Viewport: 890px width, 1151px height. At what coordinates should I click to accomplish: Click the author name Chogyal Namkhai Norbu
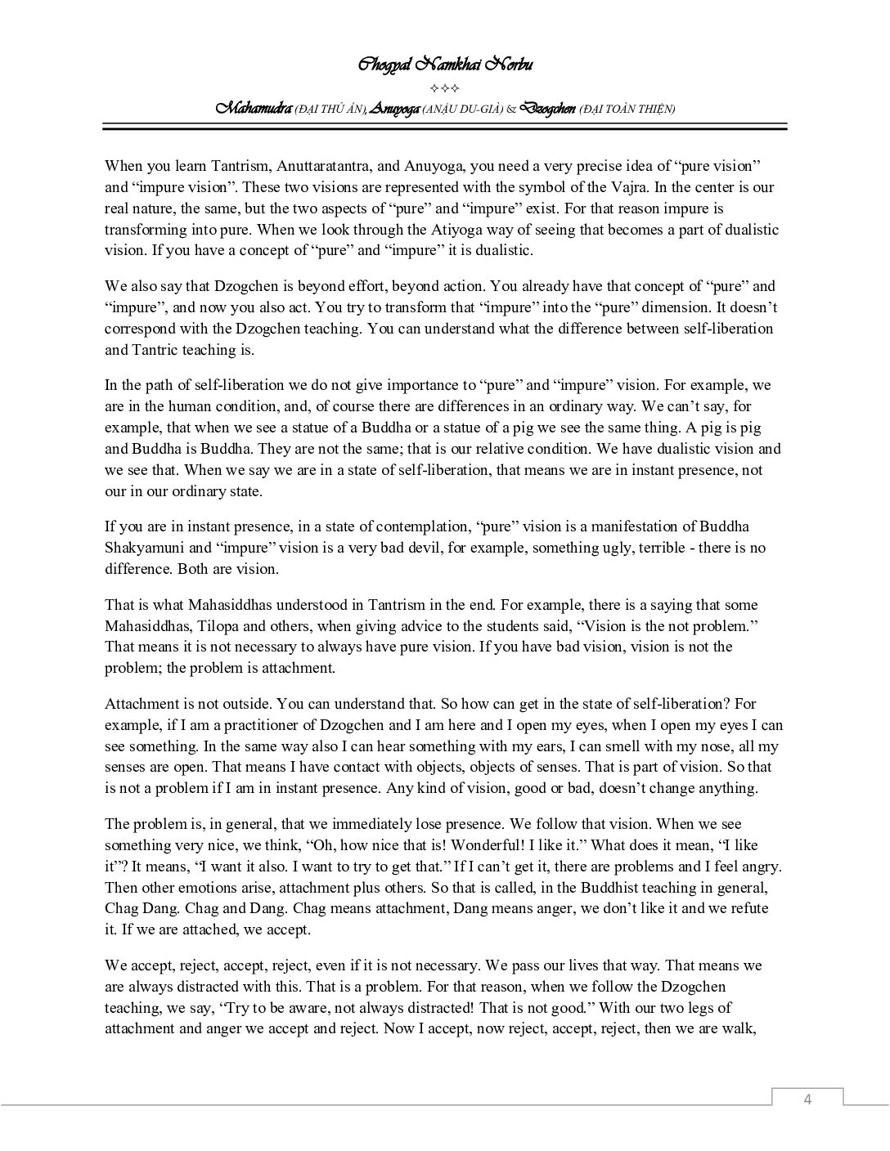(x=445, y=65)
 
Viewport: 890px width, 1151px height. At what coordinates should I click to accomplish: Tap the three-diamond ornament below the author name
(x=444, y=87)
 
